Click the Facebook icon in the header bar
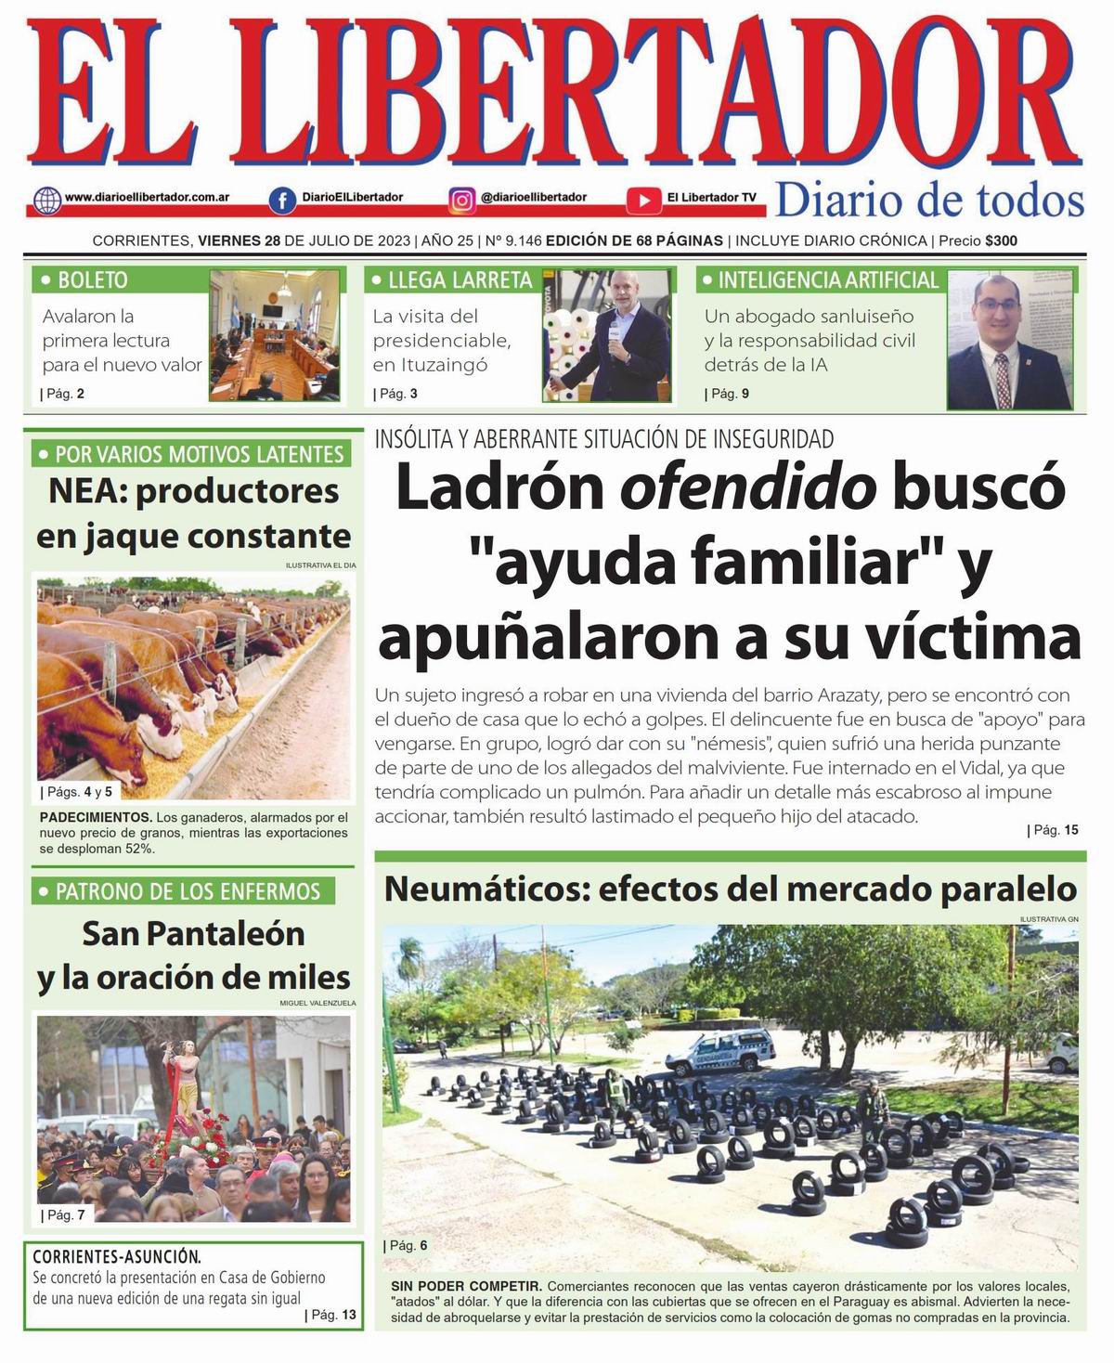click(282, 200)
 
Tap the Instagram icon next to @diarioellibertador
click(462, 200)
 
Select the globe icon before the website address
click(45, 200)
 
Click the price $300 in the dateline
click(1002, 241)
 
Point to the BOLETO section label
click(84, 280)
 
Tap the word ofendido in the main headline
click(748, 488)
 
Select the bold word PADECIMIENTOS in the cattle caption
click(96, 818)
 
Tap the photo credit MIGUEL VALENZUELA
click(317, 1004)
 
